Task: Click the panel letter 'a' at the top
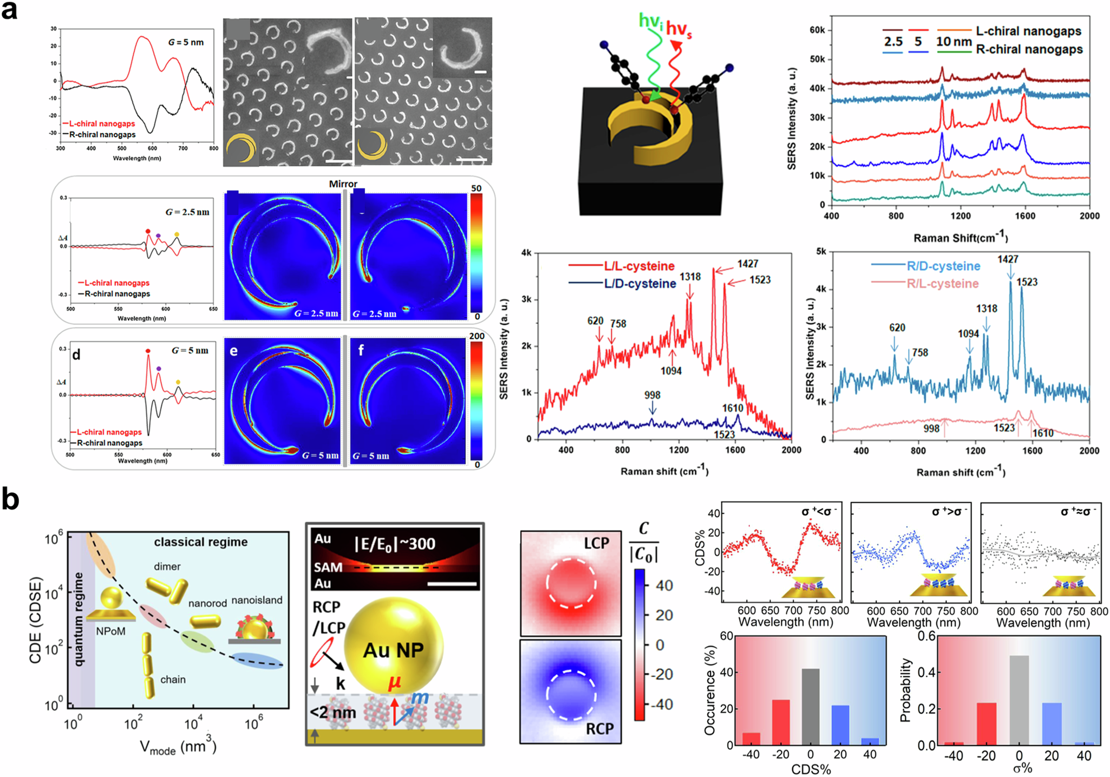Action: tap(9, 11)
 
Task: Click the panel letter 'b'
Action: tap(10, 500)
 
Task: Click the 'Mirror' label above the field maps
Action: tap(343, 184)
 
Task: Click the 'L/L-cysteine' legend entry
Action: tap(639, 266)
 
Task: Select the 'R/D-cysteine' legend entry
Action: tap(943, 266)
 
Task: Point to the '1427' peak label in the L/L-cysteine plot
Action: tap(747, 264)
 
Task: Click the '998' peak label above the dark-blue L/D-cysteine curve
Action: tap(652, 395)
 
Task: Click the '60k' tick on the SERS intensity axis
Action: tap(817, 30)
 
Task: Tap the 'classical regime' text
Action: tap(200, 542)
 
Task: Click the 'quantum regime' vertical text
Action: tap(79, 619)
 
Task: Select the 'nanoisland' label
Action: tap(257, 600)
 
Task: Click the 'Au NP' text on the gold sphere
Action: tap(393, 650)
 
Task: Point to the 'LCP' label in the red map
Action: tap(596, 543)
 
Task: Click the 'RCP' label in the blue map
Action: tap(599, 729)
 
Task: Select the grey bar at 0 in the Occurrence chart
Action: tap(811, 707)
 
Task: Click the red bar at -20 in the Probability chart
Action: tap(987, 723)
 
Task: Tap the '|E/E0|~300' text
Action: tap(394, 544)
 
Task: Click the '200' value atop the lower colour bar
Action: tap(476, 336)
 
